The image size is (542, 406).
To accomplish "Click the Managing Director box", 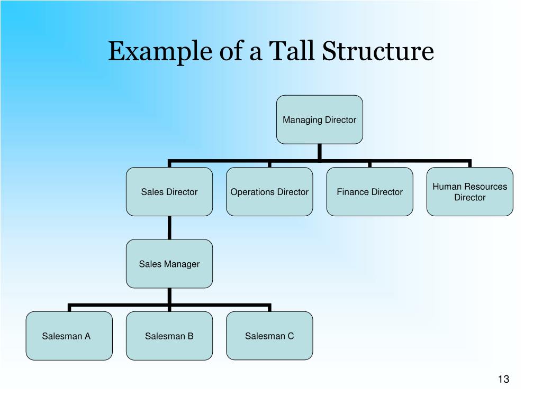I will pos(319,119).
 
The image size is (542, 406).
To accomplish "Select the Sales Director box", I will pos(169,192).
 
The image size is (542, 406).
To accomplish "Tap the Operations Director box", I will pos(269,192).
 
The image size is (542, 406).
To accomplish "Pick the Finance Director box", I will pos(369,192).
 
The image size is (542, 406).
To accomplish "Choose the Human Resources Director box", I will pos(469,192).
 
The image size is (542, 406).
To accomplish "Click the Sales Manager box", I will pos(169,264).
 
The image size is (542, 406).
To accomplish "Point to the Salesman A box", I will pos(69,336).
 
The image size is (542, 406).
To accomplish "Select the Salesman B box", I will pos(169,336).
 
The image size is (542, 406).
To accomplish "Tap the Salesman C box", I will pos(269,336).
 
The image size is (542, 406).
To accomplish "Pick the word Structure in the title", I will pos(378,52).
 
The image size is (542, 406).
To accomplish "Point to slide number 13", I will pos(503,379).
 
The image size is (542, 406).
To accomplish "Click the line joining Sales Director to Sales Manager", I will pos(169,228).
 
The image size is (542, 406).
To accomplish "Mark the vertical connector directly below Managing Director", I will pos(320,151).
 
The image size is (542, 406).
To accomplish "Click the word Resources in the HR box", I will pos(485,187).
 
